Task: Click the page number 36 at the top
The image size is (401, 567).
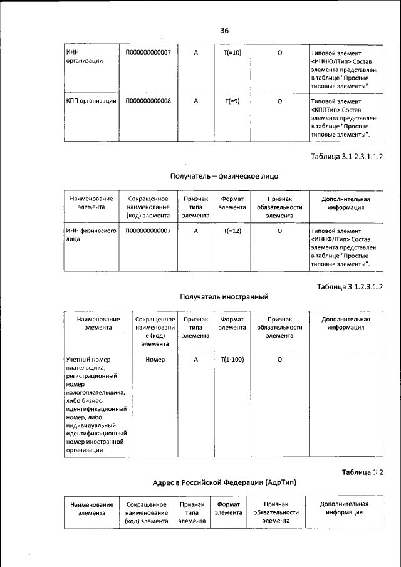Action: click(224, 29)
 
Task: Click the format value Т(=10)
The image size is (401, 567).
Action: click(232, 53)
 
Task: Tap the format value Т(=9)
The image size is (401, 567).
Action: click(232, 100)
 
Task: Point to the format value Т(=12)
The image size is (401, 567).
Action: click(232, 231)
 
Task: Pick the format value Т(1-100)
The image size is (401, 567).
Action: click(232, 359)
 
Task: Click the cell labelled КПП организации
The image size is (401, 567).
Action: click(91, 100)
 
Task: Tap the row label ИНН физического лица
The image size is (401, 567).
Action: click(91, 235)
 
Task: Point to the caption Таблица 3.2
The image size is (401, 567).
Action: click(362, 472)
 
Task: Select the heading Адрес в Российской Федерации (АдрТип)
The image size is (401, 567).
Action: click(224, 483)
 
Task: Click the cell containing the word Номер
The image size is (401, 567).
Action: click(155, 359)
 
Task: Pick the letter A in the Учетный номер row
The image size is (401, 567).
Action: click(195, 359)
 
